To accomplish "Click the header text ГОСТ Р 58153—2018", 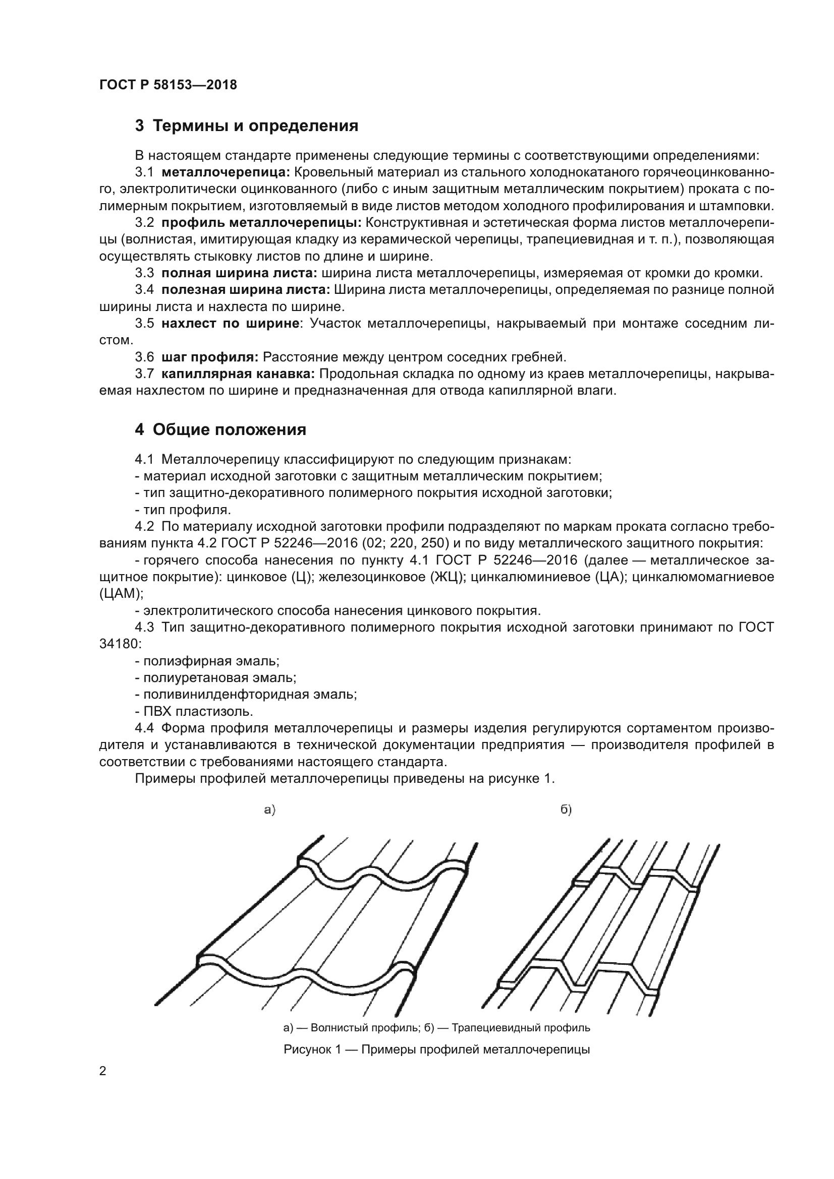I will click(x=168, y=85).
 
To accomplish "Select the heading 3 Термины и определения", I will click(x=247, y=126).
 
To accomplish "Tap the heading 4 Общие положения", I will click(x=220, y=430).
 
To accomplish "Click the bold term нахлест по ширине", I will click(x=230, y=324).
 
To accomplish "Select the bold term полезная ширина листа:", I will click(x=245, y=290).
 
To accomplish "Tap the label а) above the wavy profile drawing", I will click(x=270, y=810).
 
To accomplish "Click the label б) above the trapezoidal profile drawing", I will click(x=566, y=810).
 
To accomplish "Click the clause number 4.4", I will click(x=145, y=728).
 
